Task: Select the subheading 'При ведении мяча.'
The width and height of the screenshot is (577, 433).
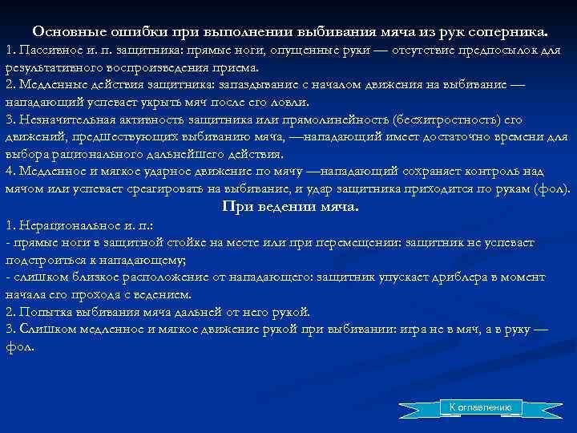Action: tap(289, 207)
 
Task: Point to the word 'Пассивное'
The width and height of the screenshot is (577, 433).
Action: tap(49, 52)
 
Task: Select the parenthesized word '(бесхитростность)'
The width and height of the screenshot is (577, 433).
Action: tap(444, 120)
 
